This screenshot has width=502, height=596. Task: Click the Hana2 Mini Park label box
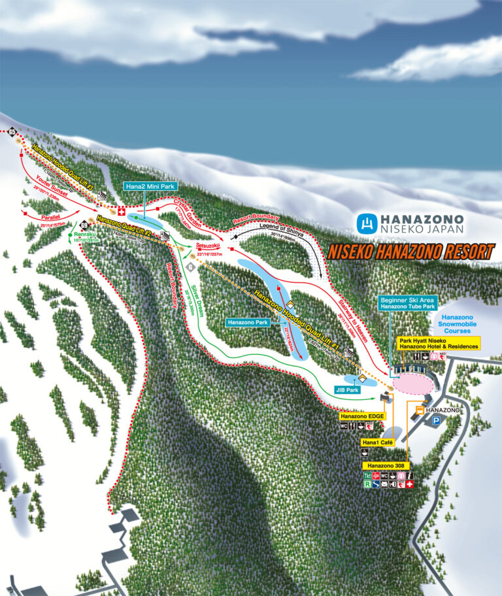pos(150,186)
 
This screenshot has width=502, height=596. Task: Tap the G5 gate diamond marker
pos(12,133)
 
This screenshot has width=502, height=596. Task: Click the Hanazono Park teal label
pos(248,322)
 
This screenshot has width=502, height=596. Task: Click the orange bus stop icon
pos(418,410)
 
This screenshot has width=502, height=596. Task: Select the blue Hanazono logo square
pos(366,223)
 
